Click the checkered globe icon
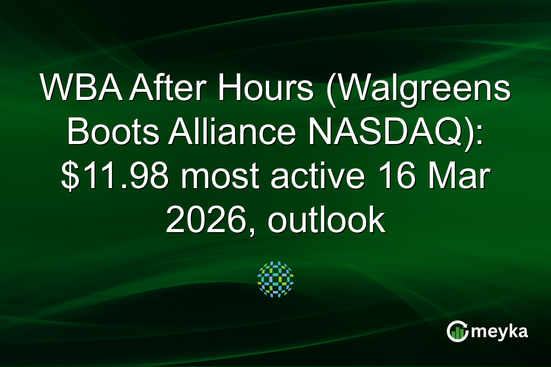coord(275,279)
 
